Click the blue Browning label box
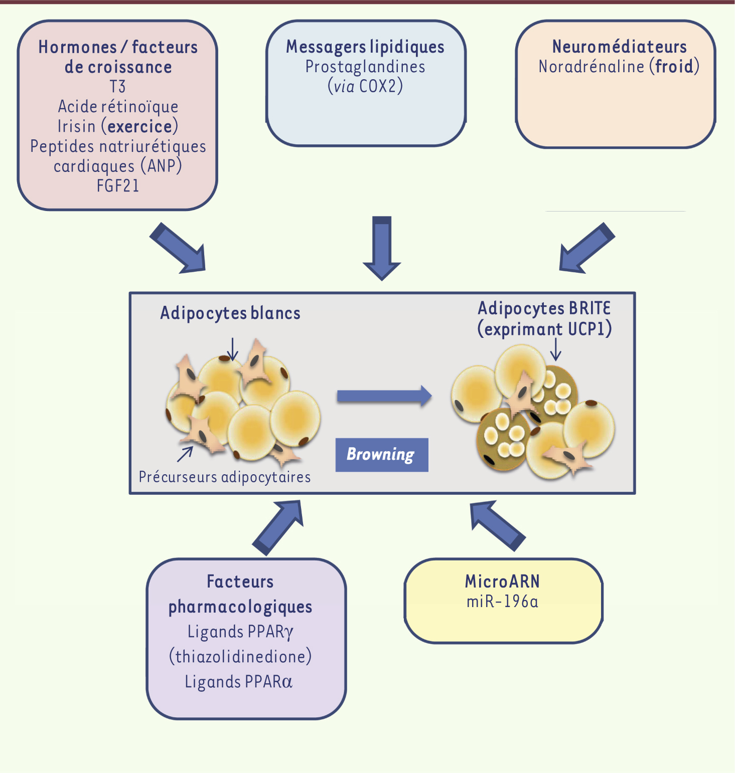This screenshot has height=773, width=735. click(x=381, y=455)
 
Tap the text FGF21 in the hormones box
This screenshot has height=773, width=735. click(x=118, y=186)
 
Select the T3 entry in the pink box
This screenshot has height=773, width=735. click(x=118, y=87)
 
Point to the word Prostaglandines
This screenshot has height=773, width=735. click(x=365, y=67)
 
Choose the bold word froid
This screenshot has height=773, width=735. click(x=674, y=66)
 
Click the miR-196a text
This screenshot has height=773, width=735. click(x=502, y=601)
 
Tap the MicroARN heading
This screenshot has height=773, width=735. click(x=502, y=582)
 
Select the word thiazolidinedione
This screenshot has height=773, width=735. click(x=240, y=656)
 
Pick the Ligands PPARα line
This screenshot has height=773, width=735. click(x=239, y=682)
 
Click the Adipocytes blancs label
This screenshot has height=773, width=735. click(x=230, y=313)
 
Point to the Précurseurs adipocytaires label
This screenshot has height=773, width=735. click(x=225, y=477)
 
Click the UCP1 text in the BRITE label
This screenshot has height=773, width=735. click(x=590, y=329)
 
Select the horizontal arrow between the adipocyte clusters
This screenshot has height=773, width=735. click(x=384, y=397)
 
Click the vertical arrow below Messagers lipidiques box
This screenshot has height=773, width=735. click(x=382, y=248)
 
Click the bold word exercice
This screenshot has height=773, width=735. click(x=140, y=126)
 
